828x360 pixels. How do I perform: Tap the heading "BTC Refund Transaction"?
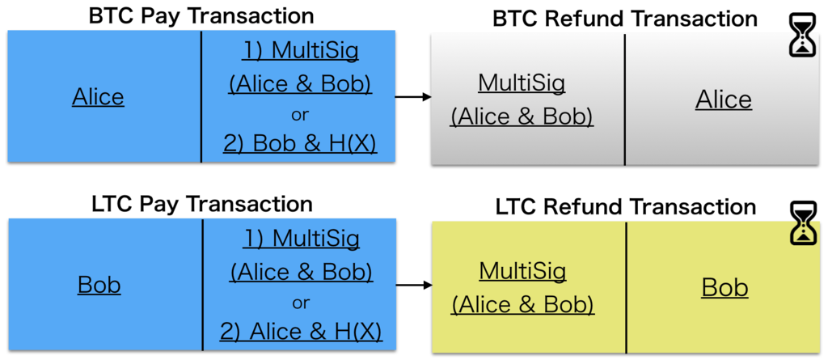click(625, 19)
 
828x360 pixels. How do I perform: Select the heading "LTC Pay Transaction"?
click(202, 204)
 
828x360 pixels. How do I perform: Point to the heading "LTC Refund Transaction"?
click(626, 206)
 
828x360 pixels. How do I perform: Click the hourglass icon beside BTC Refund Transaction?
click(802, 35)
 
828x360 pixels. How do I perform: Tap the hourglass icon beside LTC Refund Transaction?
click(802, 223)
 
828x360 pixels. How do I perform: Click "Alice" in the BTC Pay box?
click(98, 97)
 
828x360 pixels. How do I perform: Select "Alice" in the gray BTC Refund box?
click(724, 100)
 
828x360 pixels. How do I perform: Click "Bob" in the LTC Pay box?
click(99, 285)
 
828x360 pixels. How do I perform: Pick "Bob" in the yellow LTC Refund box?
click(724, 288)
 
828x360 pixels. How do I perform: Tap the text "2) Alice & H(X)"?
click(301, 332)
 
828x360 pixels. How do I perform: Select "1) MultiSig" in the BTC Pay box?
click(301, 51)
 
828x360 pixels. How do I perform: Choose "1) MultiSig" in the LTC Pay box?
click(301, 239)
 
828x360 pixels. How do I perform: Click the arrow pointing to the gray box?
click(413, 97)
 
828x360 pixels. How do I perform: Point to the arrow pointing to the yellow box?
click(414, 286)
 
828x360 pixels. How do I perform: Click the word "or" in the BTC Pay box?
click(300, 115)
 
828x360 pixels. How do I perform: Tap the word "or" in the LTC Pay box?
click(301, 303)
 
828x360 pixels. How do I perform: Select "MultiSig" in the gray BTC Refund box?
click(522, 83)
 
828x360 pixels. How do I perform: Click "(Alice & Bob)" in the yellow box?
click(523, 305)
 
